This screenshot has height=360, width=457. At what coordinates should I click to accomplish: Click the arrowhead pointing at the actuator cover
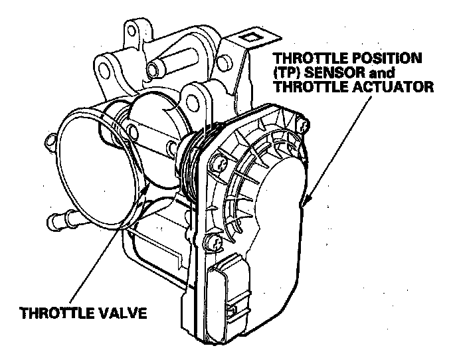pyautogui.click(x=305, y=201)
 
